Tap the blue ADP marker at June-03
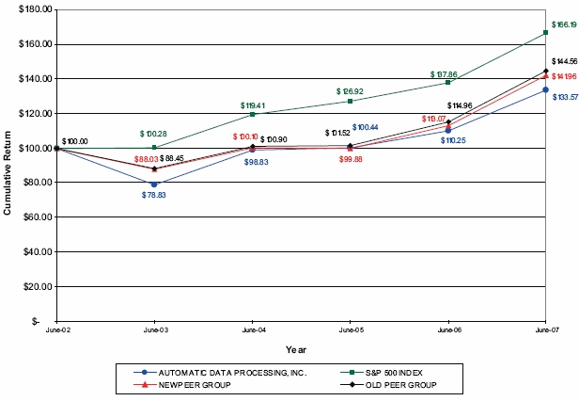tap(154, 184)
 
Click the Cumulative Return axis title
tap(8, 165)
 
